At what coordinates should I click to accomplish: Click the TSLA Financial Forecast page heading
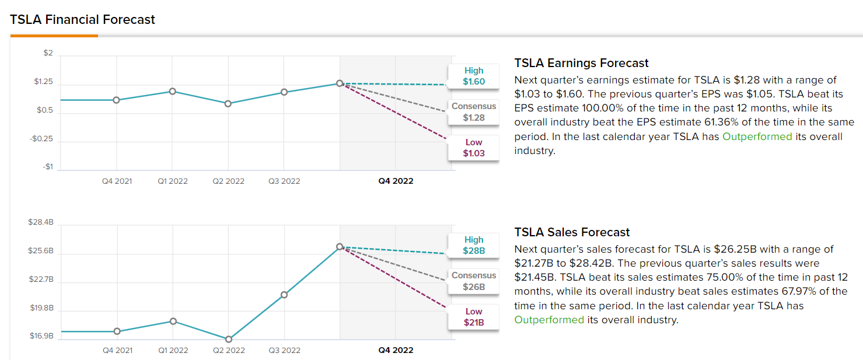(82, 19)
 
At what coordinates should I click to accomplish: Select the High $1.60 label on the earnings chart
(474, 76)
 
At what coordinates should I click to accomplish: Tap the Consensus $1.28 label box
(474, 112)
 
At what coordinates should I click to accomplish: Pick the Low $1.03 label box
(474, 148)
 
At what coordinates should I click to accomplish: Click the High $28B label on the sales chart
(474, 245)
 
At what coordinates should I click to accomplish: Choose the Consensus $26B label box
(474, 281)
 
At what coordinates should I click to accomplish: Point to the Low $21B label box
(474, 317)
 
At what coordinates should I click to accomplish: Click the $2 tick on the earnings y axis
(48, 53)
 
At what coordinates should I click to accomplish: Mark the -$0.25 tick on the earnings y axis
(41, 139)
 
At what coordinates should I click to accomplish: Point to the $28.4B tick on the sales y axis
(41, 222)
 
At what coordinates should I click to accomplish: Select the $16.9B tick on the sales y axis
(41, 336)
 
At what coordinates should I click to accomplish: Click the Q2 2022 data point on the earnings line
(228, 103)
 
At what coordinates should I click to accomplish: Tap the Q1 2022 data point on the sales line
(173, 321)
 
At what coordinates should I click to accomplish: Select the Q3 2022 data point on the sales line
(284, 295)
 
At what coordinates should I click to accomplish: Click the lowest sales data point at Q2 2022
(228, 339)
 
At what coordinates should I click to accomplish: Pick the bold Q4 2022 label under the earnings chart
(396, 181)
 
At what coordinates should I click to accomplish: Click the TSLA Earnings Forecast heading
(581, 63)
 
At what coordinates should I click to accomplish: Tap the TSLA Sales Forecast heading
(572, 232)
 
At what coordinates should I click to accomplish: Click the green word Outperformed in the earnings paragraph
(757, 137)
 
